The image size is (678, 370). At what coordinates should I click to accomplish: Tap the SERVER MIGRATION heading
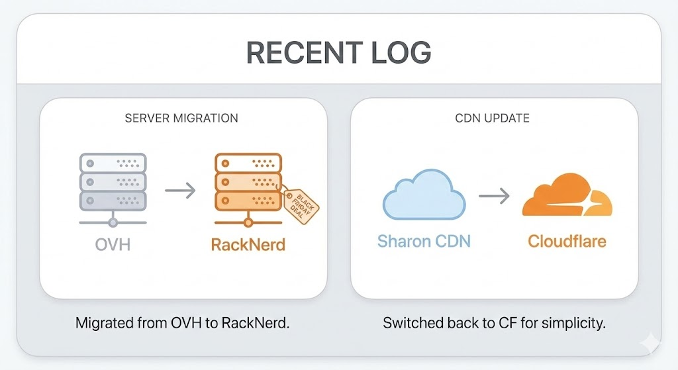tap(181, 118)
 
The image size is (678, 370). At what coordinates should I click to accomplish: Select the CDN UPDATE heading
tap(494, 118)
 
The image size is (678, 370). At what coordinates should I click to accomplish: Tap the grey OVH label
tap(113, 244)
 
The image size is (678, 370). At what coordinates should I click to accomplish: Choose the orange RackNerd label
tap(248, 244)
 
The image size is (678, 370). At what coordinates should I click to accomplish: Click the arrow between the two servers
tap(180, 192)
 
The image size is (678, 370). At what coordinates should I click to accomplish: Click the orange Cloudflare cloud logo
tap(566, 196)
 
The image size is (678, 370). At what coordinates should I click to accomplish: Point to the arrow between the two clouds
tap(494, 196)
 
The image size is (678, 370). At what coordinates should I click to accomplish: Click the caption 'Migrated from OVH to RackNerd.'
tap(183, 324)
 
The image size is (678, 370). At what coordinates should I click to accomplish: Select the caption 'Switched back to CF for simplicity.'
tap(495, 324)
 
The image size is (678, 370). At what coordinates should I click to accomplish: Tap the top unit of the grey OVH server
tap(113, 163)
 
